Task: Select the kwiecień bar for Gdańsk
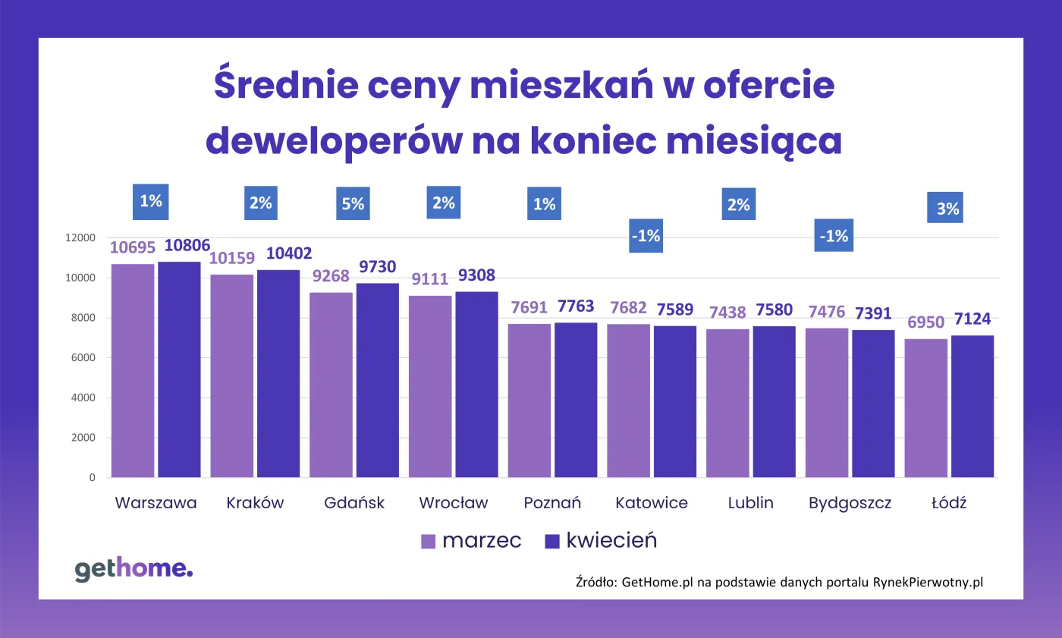coord(378,380)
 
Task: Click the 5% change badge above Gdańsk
coord(353,203)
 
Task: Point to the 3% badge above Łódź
coord(945,208)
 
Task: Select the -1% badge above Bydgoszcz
coord(833,236)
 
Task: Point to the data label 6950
coord(926,322)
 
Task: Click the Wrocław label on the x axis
coord(454,503)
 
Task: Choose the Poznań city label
coord(552,503)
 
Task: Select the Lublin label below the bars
coord(750,503)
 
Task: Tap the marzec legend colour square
coord(429,541)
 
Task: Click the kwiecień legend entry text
coord(611,540)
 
